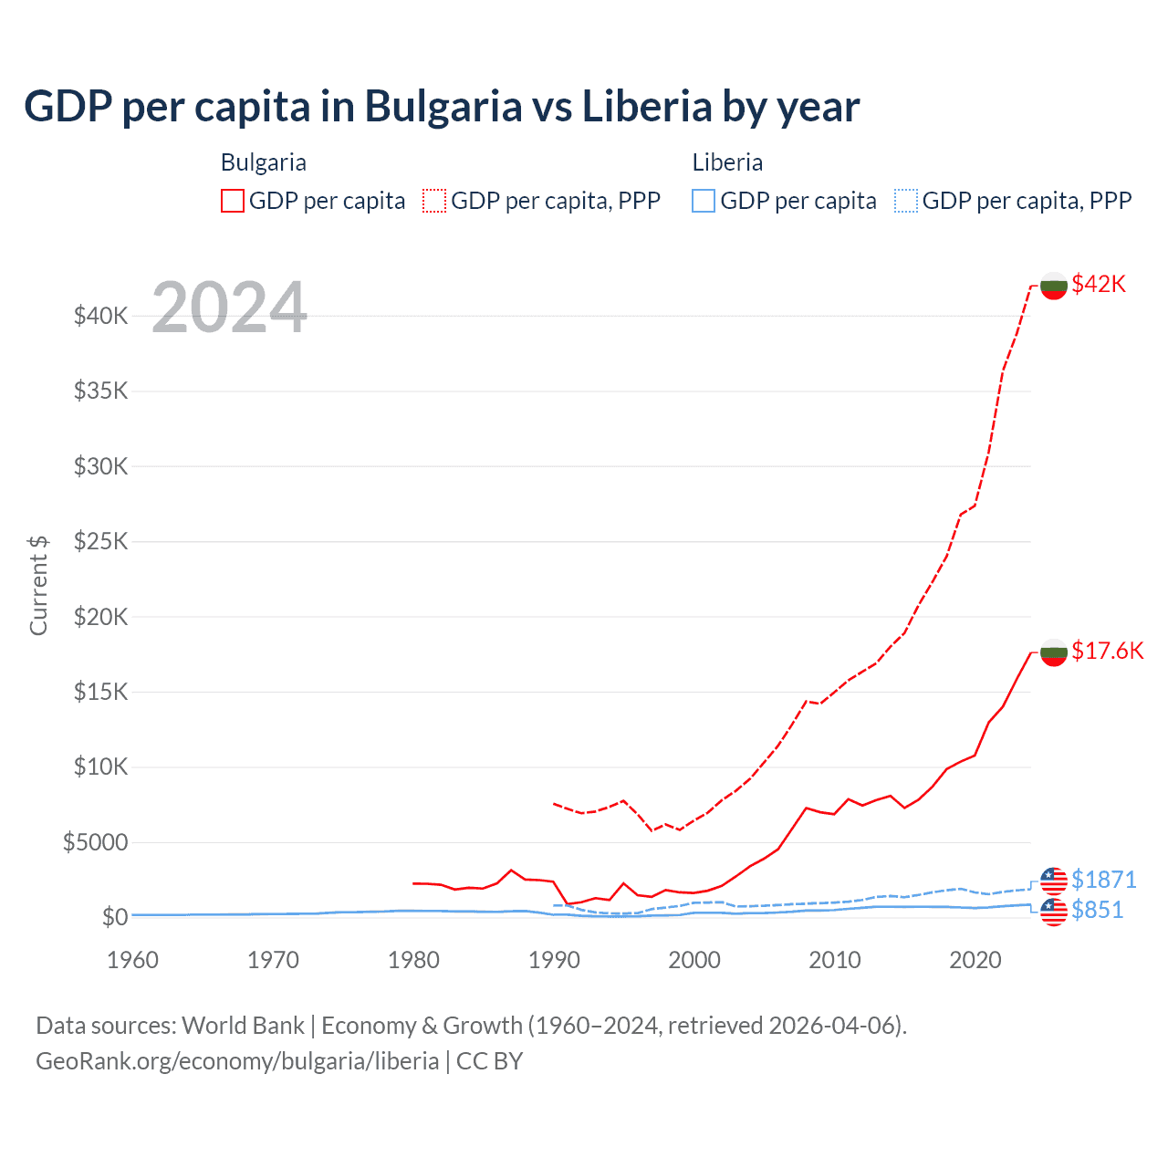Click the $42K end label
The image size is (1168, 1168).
pos(1099,284)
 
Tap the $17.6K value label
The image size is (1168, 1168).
pos(1107,651)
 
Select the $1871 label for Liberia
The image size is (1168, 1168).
pos(1103,880)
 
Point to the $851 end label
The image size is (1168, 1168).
pos(1097,910)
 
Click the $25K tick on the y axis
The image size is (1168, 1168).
pos(100,541)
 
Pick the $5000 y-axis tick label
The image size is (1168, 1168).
pos(95,841)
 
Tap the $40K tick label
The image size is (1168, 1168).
pos(100,316)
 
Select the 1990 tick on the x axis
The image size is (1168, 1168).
pos(554,960)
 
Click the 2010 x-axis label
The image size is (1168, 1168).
pos(835,960)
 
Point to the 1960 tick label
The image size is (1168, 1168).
pos(132,960)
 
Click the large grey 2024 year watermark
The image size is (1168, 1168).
pos(229,308)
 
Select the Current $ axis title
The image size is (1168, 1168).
pos(38,585)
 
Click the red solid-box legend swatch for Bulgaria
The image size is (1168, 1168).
pos(233,201)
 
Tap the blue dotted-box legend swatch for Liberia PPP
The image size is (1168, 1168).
pos(906,201)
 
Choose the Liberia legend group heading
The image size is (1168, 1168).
pos(727,162)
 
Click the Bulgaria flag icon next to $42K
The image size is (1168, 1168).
pos(1054,286)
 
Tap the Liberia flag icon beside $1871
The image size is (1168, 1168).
pos(1054,881)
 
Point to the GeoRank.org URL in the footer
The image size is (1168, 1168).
pos(237,1061)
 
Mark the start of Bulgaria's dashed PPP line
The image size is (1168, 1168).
pos(555,803)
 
